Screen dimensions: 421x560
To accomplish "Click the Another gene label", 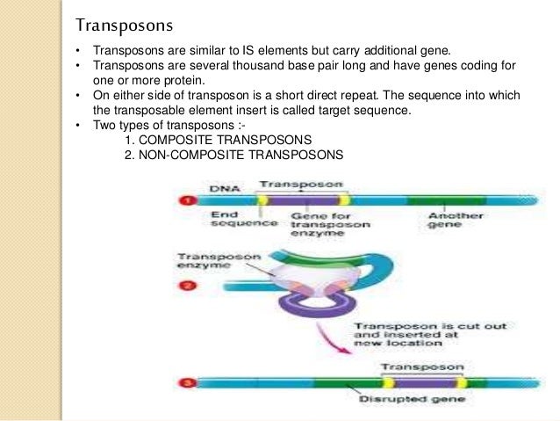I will (x=447, y=219).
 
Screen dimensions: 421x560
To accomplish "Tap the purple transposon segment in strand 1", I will (x=300, y=201).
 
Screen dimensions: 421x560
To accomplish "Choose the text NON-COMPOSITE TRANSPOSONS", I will (x=244, y=154).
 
